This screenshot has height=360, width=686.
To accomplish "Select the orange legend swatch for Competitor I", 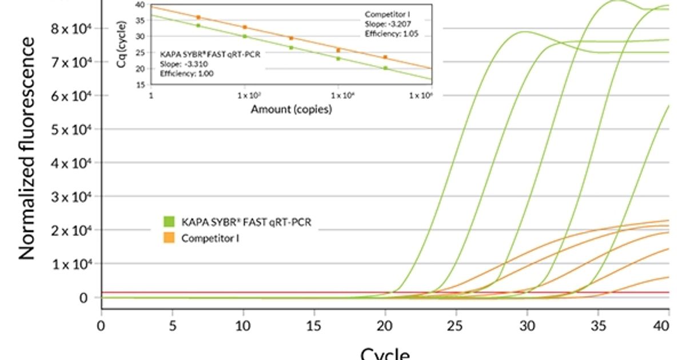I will (x=169, y=238).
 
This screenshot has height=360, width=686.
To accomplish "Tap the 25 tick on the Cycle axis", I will (x=456, y=326).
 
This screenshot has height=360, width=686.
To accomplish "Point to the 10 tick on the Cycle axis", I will (x=244, y=326).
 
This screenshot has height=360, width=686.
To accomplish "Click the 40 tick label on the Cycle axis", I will (x=668, y=326).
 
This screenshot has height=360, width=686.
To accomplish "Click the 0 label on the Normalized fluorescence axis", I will (x=83, y=298).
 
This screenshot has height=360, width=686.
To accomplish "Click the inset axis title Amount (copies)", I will (x=291, y=110).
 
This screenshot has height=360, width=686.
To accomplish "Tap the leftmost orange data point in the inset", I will (x=198, y=17).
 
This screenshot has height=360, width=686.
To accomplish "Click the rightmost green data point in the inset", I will (x=385, y=68).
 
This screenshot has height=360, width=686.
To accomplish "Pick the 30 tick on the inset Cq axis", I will (x=141, y=36).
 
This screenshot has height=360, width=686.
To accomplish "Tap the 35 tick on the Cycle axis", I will (x=598, y=326).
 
